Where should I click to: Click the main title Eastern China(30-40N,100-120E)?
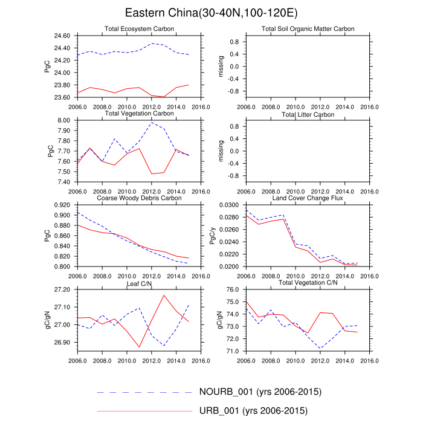pos(211,13)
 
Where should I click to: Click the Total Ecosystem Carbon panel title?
pos(138,29)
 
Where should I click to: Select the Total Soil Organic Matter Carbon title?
pos(308,29)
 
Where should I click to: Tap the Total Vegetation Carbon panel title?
pos(138,114)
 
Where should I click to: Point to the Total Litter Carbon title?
pos(308,114)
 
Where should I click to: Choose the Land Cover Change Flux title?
pos(308,198)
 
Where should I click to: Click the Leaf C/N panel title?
pos(138,283)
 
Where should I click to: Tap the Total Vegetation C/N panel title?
pos(308,283)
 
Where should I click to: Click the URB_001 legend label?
pos(253,412)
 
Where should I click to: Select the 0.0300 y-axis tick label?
pos(229,205)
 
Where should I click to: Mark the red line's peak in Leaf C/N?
pos(164,295)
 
